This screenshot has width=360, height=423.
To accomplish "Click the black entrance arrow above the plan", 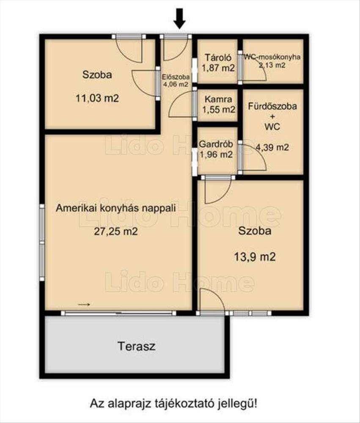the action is [179, 18].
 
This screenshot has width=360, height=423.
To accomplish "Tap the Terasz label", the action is [137, 346].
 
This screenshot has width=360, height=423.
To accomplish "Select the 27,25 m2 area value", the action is [116, 231].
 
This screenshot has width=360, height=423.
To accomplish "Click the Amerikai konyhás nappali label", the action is [116, 208].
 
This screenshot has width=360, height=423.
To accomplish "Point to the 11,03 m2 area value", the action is [97, 98].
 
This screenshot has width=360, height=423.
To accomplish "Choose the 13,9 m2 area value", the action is [255, 257].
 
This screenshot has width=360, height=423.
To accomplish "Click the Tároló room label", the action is [218, 58].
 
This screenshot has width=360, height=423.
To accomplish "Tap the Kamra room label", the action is [218, 99].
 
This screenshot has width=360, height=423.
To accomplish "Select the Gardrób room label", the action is [216, 144].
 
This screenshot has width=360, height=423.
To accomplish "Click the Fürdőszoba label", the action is [272, 106].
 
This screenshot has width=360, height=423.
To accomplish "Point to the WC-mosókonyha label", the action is [272, 57].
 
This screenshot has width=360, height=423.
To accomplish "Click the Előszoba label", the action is [176, 77].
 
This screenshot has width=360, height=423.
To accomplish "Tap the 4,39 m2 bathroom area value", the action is [272, 147].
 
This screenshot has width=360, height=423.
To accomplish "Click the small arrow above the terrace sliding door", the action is [84, 305].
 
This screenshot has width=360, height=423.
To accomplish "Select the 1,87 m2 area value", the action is [218, 68].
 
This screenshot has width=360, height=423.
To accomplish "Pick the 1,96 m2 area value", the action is [216, 154].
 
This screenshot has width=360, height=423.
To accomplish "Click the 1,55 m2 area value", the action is [219, 110].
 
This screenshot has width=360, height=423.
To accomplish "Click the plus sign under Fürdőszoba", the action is [272, 117].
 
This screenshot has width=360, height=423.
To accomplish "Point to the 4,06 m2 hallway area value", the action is [176, 84].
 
